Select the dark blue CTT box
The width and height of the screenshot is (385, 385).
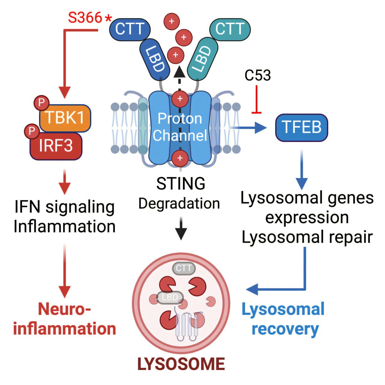tap(130, 29)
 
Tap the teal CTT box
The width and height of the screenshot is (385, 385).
tap(230, 29)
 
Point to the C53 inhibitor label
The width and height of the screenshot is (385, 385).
tap(257, 75)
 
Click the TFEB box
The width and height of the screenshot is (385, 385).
tap(301, 128)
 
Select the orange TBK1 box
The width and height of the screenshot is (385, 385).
tap(65, 118)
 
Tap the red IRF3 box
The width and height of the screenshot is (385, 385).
tap(56, 146)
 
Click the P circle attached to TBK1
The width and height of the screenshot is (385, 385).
tap(42, 103)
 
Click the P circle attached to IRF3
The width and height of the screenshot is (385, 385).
tap(32, 131)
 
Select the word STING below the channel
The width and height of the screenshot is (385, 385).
tap(180, 183)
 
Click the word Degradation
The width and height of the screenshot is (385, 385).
tap(179, 204)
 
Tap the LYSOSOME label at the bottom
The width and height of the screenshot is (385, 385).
tap(181, 364)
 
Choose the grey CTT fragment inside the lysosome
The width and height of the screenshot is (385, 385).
tap(183, 268)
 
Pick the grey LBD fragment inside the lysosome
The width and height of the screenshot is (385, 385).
tap(170, 297)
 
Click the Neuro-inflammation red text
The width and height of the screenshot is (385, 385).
tap(64, 319)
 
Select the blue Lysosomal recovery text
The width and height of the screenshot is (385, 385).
tap(283, 319)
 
